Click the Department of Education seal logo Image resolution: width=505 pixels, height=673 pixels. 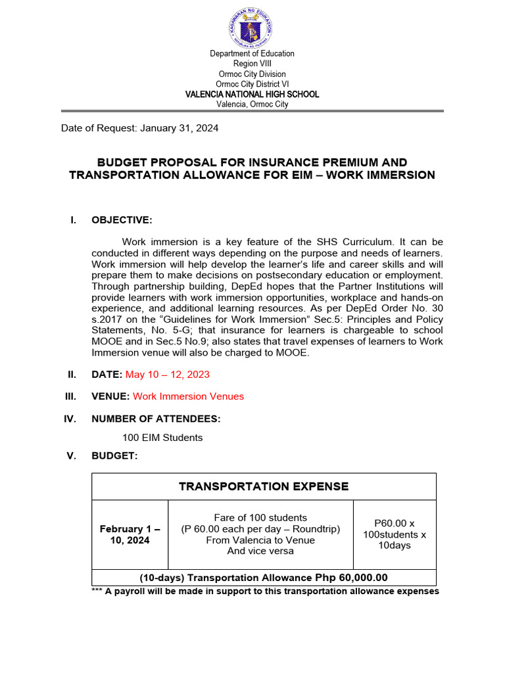pos(252,27)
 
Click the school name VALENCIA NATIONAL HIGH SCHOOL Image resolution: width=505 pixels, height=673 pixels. pos(252,94)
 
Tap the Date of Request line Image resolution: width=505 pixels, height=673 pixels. pos(140,128)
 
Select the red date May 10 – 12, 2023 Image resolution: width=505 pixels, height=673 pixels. pos(168,375)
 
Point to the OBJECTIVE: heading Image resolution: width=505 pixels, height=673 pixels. pos(122,220)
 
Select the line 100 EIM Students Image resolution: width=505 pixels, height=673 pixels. pos(162,438)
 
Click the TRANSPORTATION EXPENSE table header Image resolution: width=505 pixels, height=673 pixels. pos(264,486)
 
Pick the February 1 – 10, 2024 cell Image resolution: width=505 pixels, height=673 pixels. pos(130,534)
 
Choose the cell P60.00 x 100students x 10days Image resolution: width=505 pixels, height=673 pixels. pos(395,534)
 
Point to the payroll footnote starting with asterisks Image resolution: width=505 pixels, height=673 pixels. pos(265,591)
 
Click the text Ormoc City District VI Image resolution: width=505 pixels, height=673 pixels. pos(252,84)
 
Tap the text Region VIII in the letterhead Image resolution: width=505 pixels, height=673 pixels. pos(252,64)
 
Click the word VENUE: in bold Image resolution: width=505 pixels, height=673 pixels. pos(110,396)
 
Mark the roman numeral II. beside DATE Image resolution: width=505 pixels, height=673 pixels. pos(72,375)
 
